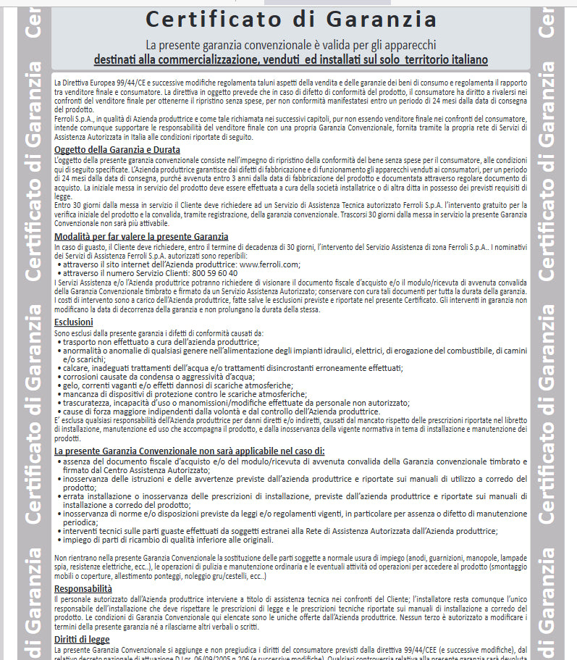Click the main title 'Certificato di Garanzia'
(290, 19)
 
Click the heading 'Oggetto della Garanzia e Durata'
(117, 150)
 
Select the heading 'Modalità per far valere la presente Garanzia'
(141, 236)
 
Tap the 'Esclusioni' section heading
(74, 322)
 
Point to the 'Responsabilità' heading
(83, 588)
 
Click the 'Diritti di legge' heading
(82, 639)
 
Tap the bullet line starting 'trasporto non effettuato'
(161, 341)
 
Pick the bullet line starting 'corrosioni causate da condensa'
(159, 377)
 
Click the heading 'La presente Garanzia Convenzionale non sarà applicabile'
(190, 451)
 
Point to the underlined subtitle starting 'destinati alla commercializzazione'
(290, 59)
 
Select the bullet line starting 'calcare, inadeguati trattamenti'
(232, 368)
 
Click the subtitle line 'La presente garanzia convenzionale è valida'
(290, 45)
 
